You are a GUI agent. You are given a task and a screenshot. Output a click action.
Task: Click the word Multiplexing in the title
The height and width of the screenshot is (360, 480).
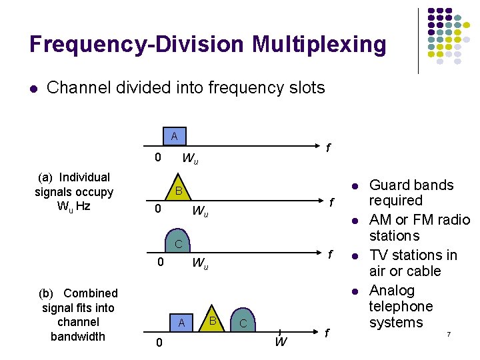319,45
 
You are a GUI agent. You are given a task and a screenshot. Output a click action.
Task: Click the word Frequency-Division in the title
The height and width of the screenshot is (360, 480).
137,45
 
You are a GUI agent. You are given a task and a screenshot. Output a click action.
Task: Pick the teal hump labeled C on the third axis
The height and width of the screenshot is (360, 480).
178,243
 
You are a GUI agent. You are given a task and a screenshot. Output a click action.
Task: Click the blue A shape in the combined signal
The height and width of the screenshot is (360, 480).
180,322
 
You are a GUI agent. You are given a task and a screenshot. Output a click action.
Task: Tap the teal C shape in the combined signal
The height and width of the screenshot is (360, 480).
243,323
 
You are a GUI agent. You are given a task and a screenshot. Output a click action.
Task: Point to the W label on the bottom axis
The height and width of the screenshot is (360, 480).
281,343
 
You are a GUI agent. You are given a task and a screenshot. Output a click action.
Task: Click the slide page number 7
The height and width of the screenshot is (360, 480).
449,333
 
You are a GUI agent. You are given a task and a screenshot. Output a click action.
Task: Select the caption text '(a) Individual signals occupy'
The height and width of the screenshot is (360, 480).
74,185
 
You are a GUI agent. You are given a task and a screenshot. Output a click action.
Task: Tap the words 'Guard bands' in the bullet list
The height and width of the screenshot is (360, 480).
411,185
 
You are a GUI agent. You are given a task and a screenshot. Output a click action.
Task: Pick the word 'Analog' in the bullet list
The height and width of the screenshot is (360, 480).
392,291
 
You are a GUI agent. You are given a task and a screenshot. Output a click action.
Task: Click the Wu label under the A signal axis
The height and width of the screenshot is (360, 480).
190,159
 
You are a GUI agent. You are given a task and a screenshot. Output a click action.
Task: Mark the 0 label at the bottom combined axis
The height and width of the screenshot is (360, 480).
157,343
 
